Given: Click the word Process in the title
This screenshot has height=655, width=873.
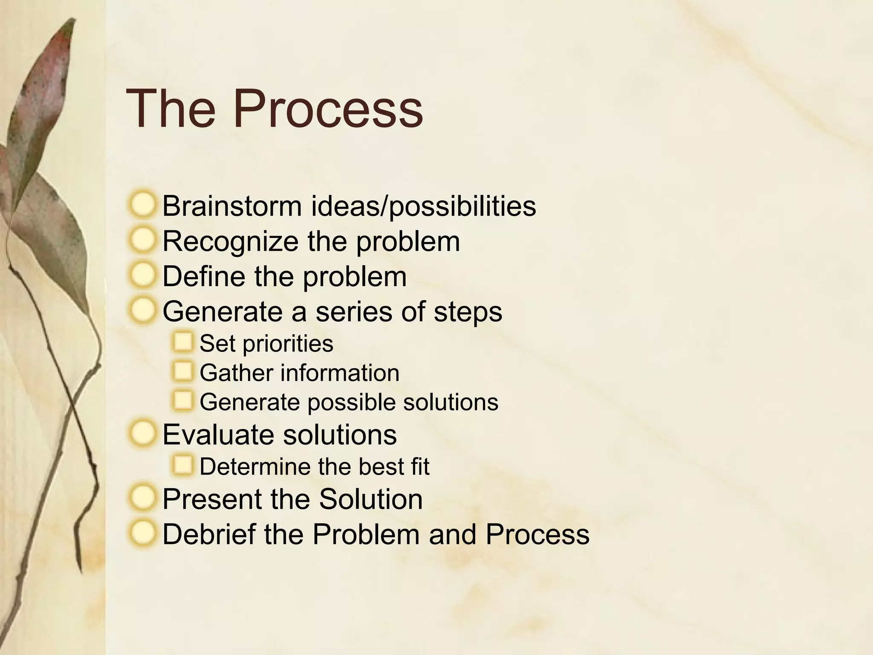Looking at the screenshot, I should pyautogui.click(x=328, y=109).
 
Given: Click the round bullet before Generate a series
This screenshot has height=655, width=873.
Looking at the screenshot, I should pyautogui.click(x=143, y=310).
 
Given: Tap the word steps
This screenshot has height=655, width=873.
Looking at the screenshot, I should pyautogui.click(x=468, y=312).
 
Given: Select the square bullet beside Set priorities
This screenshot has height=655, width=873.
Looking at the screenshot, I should pyautogui.click(x=183, y=342).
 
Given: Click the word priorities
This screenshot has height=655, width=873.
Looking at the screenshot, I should pyautogui.click(x=288, y=344).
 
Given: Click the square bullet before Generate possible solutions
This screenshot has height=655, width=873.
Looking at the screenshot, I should pyautogui.click(x=183, y=401).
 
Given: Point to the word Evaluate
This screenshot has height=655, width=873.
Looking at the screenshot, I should pyautogui.click(x=219, y=435).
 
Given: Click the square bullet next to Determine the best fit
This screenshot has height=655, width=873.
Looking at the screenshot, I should pyautogui.click(x=183, y=465).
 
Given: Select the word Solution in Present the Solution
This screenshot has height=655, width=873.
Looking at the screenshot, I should pyautogui.click(x=370, y=499).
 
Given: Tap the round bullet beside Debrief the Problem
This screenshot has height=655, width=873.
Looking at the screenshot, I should pyautogui.click(x=143, y=533).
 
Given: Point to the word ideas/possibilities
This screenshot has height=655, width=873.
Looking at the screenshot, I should pyautogui.click(x=423, y=206).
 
